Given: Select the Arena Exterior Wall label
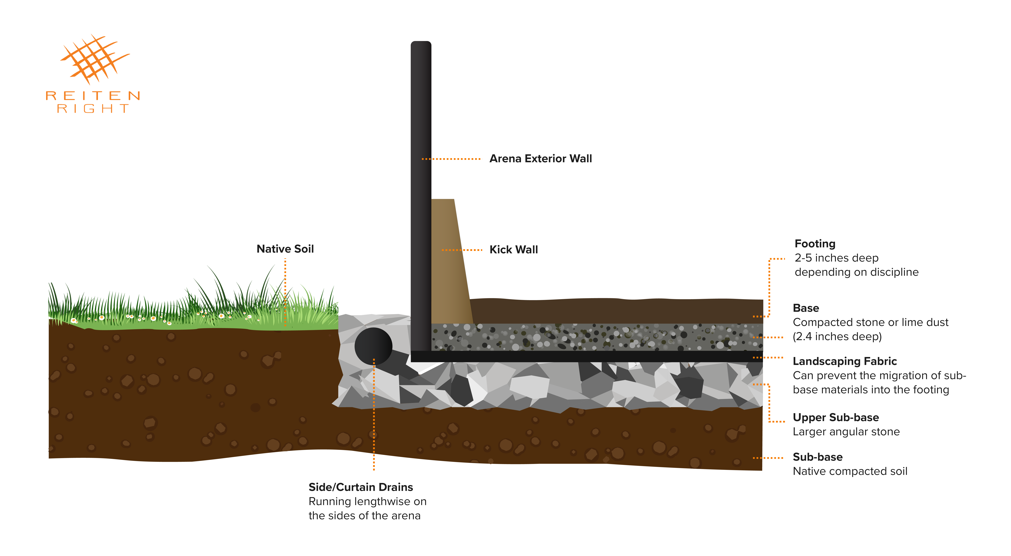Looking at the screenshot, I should point(540,159).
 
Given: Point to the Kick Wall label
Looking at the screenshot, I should point(513,249).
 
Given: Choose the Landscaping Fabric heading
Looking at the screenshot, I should point(845,361).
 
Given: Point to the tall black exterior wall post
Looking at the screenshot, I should point(421,196).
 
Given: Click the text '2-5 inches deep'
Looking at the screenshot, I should point(836,258).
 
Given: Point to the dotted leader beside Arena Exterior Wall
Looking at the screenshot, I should point(451,159).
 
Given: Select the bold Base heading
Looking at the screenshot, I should point(806,308).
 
